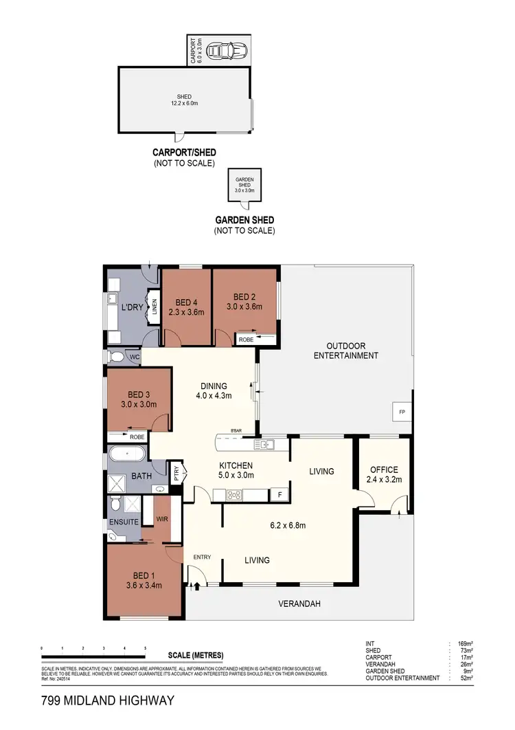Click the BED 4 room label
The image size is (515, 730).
[185, 307]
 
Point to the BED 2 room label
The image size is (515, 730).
[244, 302]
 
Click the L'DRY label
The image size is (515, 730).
[132, 307]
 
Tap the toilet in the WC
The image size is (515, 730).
[117, 357]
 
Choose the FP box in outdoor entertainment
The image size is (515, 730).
[402, 412]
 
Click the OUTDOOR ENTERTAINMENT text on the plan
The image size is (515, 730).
[345, 351]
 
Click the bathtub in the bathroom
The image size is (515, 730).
[127, 454]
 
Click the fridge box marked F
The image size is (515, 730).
[279, 494]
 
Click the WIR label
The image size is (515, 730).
[163, 519]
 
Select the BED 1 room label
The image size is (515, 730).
[144, 580]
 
